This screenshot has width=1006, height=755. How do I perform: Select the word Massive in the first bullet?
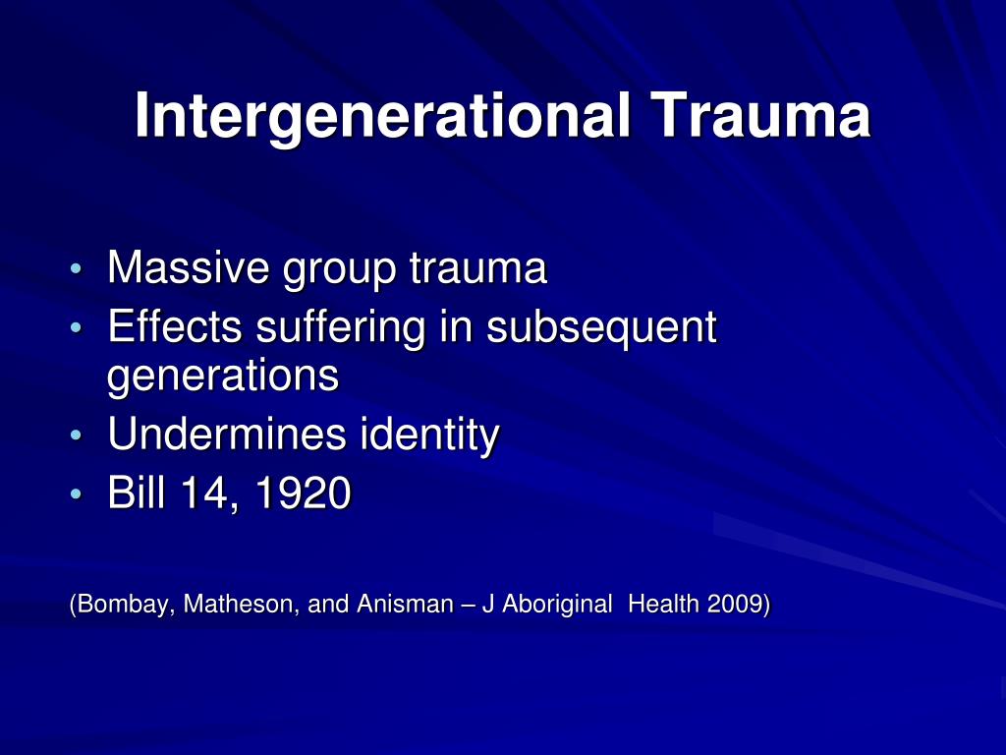[189, 268]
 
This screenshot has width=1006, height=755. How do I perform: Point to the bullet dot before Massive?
[78, 270]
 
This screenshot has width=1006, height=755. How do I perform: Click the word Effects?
[175, 327]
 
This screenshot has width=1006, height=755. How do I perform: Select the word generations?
[223, 377]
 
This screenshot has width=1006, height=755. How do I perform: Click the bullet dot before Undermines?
[78, 436]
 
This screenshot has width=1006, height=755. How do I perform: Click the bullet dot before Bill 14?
[78, 495]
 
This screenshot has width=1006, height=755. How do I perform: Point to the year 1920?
[303, 494]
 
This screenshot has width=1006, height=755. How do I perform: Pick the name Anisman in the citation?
[400, 605]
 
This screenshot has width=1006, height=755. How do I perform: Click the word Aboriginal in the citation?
[557, 605]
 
